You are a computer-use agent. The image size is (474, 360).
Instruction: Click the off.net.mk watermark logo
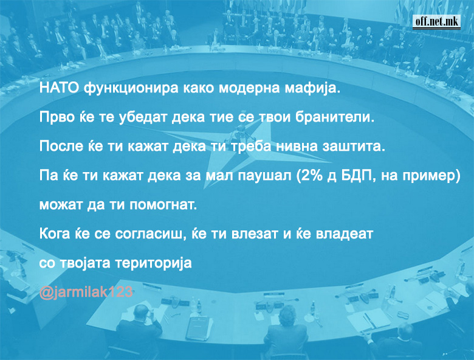436,22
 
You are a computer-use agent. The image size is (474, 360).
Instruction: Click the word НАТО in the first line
60,88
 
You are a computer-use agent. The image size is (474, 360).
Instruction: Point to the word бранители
335,117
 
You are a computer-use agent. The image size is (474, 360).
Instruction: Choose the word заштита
354,147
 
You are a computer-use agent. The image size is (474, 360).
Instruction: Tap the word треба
251,146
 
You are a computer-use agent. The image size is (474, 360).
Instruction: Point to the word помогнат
163,205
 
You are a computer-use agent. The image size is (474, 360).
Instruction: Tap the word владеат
344,234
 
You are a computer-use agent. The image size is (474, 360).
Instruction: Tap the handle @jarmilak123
86,292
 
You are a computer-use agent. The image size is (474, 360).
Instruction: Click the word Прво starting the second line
57,117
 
